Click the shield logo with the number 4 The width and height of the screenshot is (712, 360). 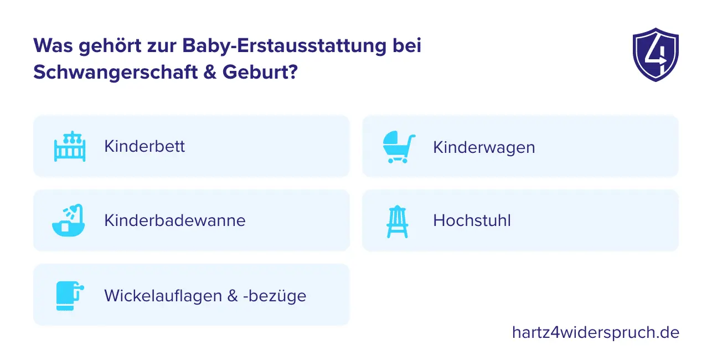pos(655,55)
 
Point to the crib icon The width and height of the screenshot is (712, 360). pos(70,146)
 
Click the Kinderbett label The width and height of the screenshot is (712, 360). pos(145,146)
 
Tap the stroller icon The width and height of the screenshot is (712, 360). pos(399,147)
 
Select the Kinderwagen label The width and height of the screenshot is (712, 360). pos(484,147)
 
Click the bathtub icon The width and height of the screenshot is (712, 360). pos(69,220)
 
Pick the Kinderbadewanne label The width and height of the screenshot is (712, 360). pos(174,220)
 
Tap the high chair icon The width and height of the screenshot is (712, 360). pos(397,221)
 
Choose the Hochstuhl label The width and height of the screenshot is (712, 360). pos(472,220)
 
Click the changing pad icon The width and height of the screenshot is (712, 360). pos(69,296)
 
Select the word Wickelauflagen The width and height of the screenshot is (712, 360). pos(163,296)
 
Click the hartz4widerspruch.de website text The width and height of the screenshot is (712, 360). pos(595,332)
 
